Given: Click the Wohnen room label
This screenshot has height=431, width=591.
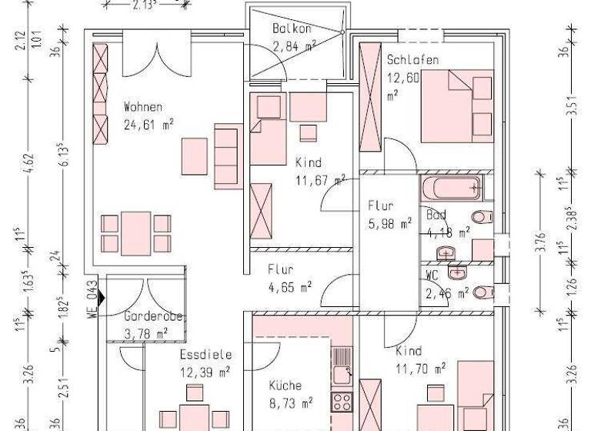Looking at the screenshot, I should (x=143, y=107).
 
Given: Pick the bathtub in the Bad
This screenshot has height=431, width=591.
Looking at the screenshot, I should (x=451, y=189).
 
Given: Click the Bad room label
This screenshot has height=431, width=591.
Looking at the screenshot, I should (x=435, y=216).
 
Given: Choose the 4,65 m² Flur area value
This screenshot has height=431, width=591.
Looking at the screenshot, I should (x=289, y=286).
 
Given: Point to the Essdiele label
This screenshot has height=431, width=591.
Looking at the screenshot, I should (x=205, y=356).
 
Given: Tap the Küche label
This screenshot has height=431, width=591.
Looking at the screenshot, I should (x=285, y=386).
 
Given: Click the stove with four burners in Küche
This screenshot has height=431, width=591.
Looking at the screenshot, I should (x=340, y=401).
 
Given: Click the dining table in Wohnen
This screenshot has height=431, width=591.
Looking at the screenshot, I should (x=136, y=233).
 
